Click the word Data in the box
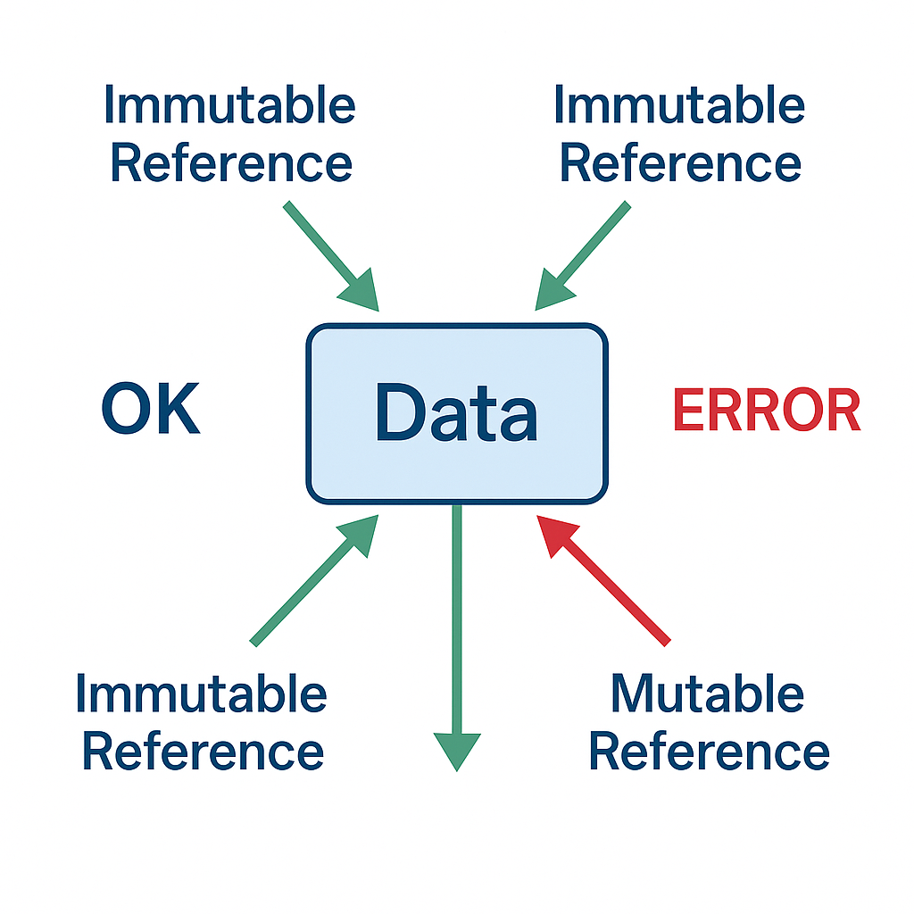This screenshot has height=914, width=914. tap(456, 412)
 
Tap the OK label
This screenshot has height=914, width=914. tap(150, 410)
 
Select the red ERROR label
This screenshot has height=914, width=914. tap(766, 411)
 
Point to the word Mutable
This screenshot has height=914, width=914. tap(707, 694)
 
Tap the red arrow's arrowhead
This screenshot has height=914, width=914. tap(553, 533)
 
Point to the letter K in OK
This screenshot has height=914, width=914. tap(177, 410)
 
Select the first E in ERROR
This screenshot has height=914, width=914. tap(687, 411)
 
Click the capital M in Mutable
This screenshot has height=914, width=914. tap(635, 694)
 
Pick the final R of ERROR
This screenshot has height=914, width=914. tap(842, 411)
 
